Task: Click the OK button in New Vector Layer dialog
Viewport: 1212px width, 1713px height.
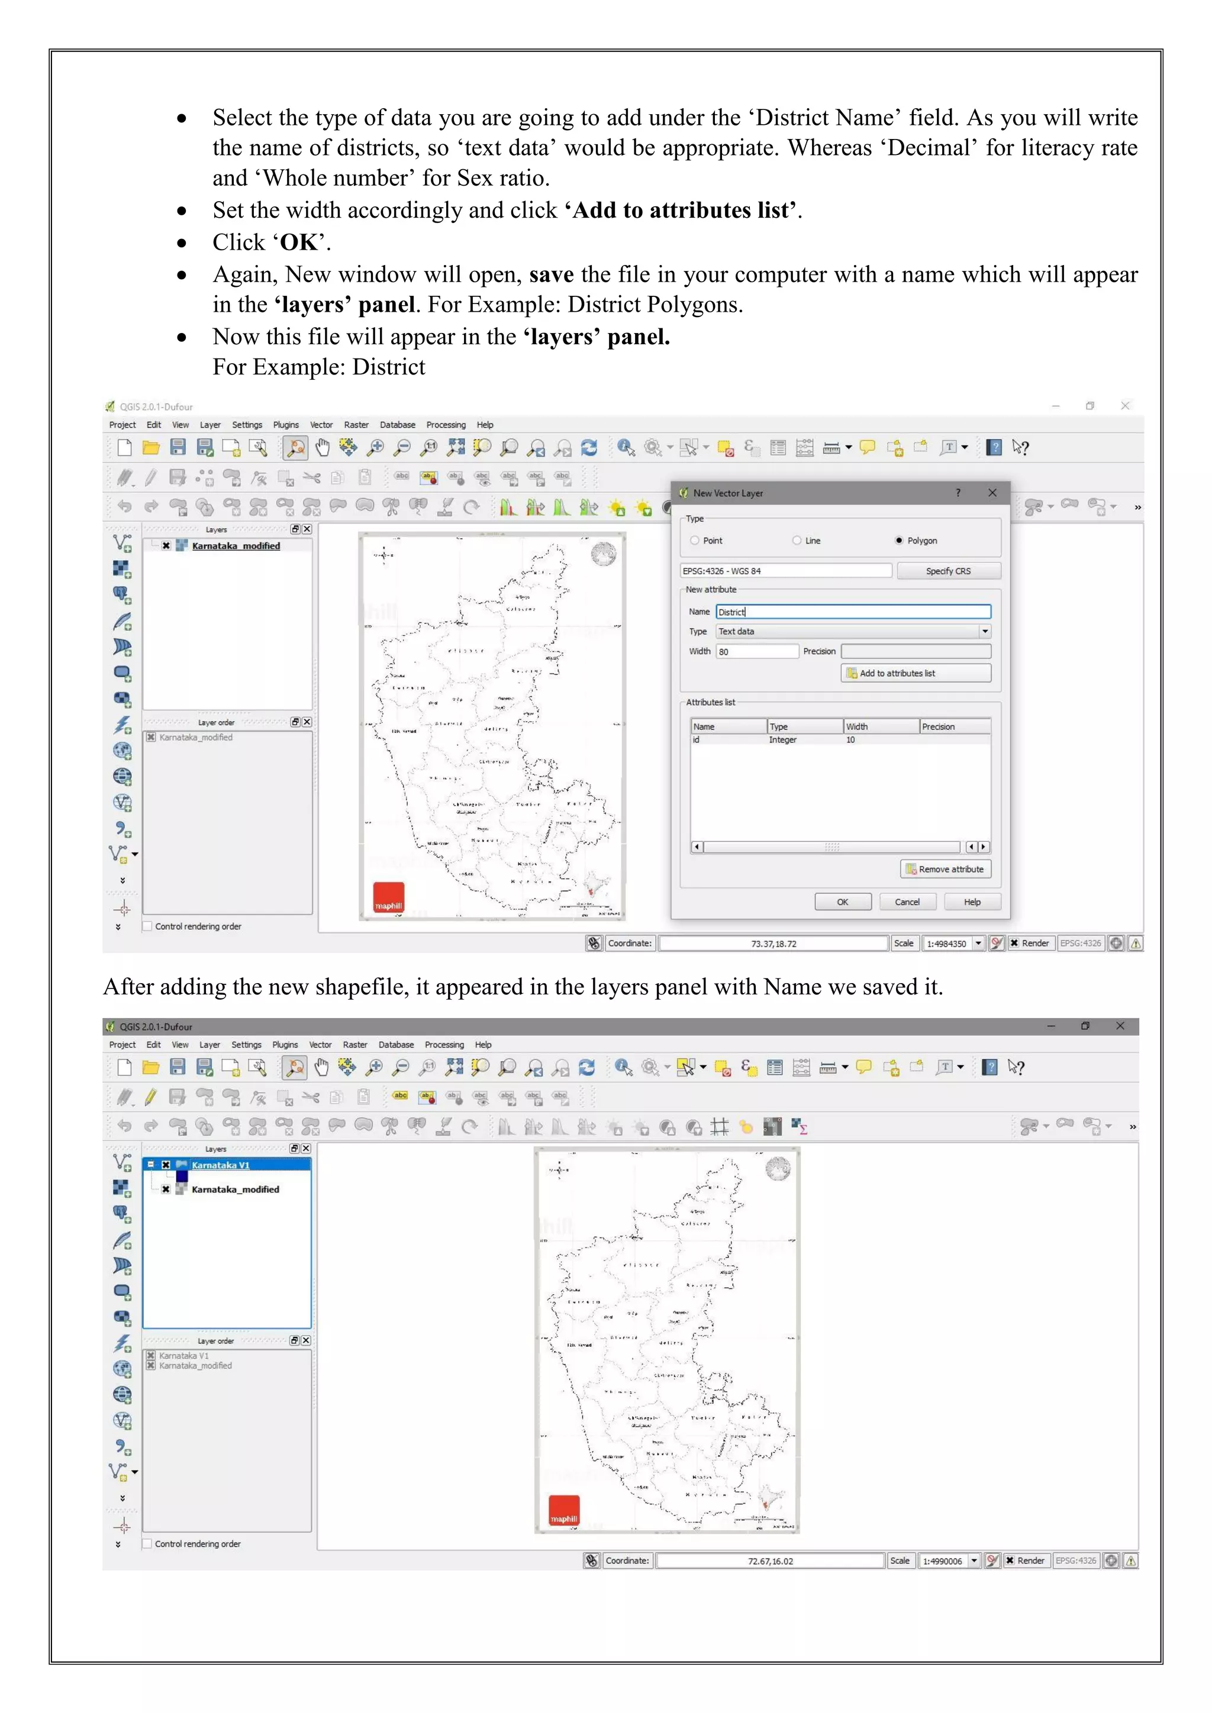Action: [x=843, y=902]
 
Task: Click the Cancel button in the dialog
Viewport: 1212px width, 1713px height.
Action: [x=907, y=902]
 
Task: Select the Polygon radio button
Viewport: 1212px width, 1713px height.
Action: [x=900, y=540]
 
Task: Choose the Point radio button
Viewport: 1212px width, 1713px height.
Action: [x=695, y=540]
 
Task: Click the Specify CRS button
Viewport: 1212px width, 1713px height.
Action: [x=948, y=571]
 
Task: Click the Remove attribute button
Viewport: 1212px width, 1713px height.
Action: [x=946, y=869]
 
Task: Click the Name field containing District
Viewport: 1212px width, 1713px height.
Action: [x=852, y=612]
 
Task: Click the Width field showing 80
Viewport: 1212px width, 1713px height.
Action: [x=757, y=651]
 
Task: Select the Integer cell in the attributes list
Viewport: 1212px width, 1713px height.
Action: [x=783, y=740]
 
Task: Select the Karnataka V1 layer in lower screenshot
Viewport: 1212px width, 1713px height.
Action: [x=220, y=1165]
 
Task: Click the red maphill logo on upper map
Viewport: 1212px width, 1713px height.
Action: [x=389, y=897]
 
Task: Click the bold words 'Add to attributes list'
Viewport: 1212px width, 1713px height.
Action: [x=681, y=211]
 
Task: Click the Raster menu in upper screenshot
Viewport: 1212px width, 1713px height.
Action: [x=356, y=425]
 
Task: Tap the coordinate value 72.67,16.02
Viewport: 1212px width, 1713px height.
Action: [x=770, y=1561]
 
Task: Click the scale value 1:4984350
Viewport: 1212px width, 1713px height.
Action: [x=946, y=944]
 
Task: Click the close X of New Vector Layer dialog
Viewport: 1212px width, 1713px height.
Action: [x=992, y=492]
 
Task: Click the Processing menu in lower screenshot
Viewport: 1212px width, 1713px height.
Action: [x=444, y=1045]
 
